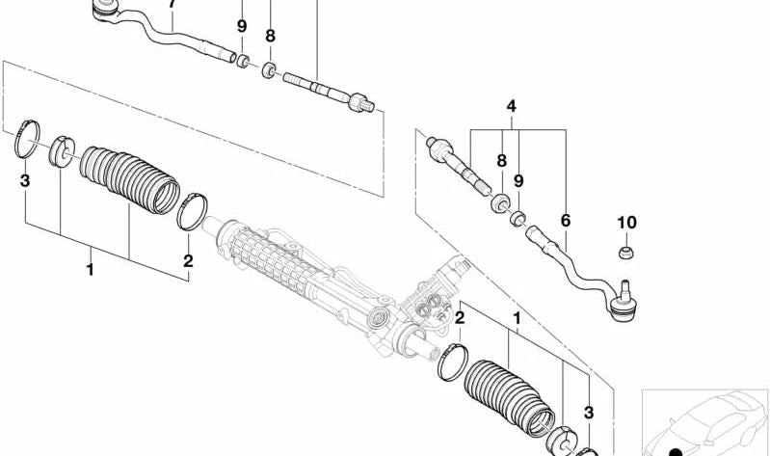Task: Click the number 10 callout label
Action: (x=626, y=223)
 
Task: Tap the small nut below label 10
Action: (x=625, y=253)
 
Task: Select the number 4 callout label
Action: (x=511, y=106)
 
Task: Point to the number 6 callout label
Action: (x=565, y=221)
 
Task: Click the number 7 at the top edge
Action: (x=173, y=5)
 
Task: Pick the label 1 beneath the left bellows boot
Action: (x=90, y=270)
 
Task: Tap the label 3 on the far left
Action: (x=25, y=181)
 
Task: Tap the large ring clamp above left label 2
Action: (x=194, y=210)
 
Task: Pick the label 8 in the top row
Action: (x=271, y=37)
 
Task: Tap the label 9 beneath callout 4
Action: (x=518, y=180)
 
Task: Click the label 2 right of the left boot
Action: (x=188, y=260)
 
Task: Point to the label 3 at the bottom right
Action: (x=588, y=413)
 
